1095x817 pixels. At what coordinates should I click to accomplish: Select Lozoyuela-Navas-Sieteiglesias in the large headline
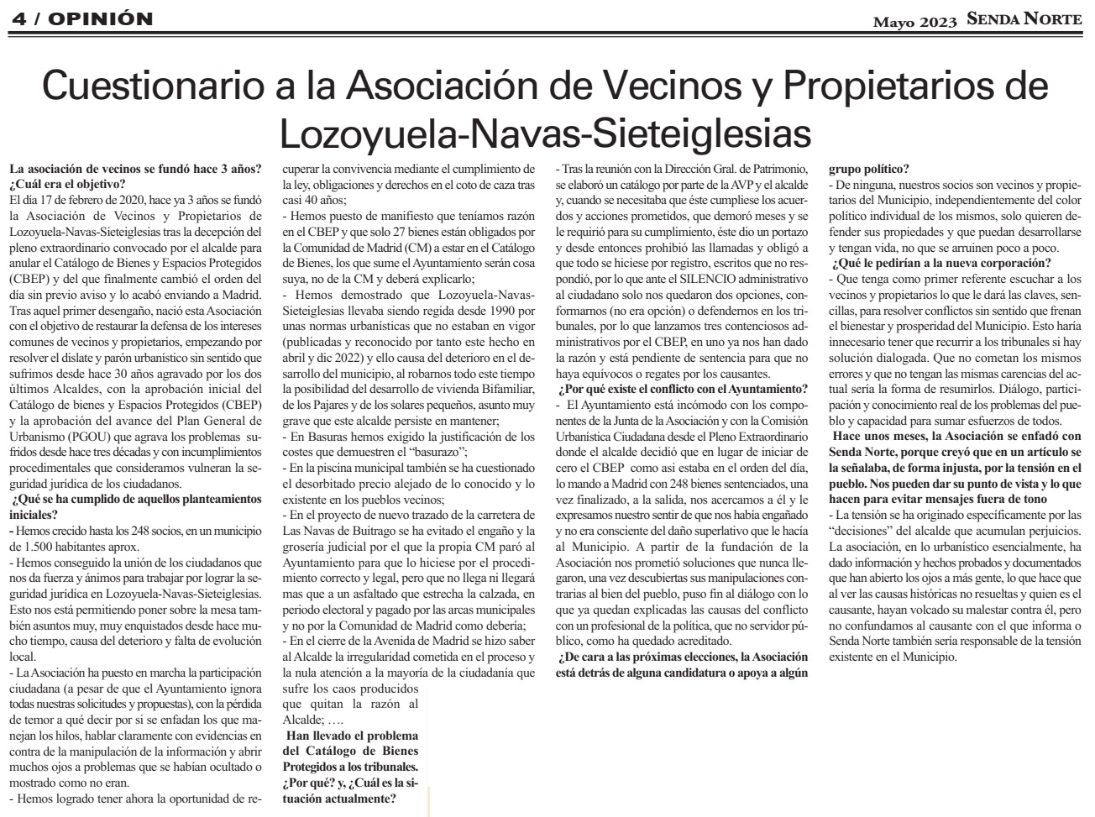click(x=546, y=132)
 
